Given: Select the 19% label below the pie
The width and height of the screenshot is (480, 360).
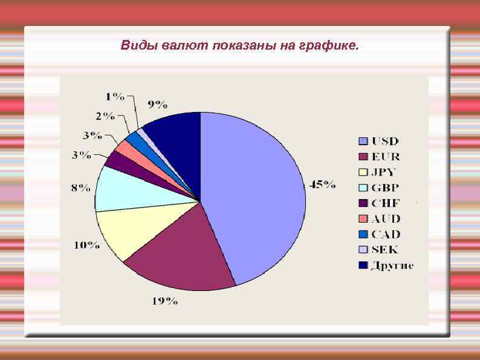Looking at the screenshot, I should (x=164, y=301).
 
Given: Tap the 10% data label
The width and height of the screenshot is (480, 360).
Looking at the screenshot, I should (x=87, y=245).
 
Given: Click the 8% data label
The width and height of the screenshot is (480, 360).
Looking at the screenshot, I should (x=82, y=188).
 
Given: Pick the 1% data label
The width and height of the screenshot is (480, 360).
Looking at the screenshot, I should (x=115, y=96).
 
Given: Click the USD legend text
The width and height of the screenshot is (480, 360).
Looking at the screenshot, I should (x=385, y=142).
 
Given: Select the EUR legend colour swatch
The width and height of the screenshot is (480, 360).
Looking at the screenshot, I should (x=363, y=157).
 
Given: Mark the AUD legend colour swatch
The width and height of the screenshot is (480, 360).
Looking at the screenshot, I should (x=363, y=218).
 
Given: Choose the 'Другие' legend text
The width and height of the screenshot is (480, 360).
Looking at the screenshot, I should (x=392, y=265).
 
